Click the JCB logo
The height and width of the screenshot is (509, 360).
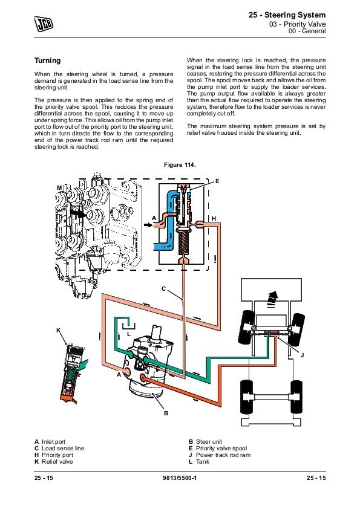(44, 24)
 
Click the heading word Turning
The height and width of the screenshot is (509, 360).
(47, 60)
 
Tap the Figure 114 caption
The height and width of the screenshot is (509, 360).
(180, 165)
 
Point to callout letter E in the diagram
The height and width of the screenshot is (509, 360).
(217, 181)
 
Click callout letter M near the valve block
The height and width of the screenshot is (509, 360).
(59, 187)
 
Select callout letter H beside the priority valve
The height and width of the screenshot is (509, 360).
(214, 218)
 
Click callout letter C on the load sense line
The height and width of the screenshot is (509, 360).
(164, 288)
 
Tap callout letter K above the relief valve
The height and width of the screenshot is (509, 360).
(59, 331)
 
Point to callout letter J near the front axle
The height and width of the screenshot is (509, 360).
(302, 355)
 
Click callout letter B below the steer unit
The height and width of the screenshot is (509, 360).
(166, 413)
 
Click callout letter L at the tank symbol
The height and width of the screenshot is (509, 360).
(129, 334)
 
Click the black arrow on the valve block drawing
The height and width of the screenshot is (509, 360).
(78, 213)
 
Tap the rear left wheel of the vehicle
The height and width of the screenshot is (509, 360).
(246, 397)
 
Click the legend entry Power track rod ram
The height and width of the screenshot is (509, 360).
(220, 455)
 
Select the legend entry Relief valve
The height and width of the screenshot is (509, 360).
(54, 462)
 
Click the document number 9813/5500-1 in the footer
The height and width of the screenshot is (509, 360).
(179, 478)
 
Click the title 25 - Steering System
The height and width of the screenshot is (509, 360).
(287, 15)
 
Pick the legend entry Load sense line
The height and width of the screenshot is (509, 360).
(59, 449)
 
